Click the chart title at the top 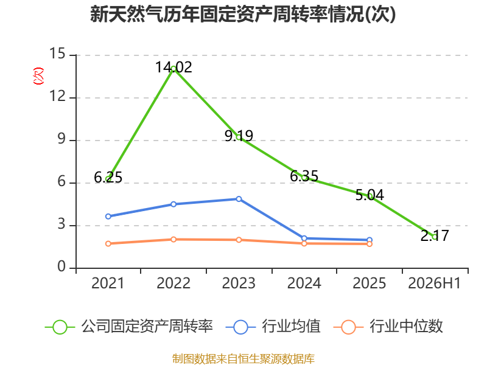point(243,14)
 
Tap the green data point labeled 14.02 point(173,69)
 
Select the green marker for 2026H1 point(435,237)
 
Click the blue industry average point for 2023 point(239,199)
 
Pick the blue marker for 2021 point(108,217)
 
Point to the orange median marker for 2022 point(173,239)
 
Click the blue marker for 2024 point(304,238)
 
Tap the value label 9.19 point(239,136)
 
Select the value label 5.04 point(370,195)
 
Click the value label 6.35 point(304,176)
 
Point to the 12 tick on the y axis point(58,96)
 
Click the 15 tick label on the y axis point(58,54)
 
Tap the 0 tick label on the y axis point(61,266)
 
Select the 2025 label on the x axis point(370,283)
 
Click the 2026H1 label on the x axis point(435,283)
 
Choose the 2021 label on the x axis point(108,283)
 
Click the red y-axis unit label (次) point(38,76)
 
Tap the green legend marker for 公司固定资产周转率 point(60,327)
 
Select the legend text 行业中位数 point(406,327)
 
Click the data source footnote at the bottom point(243,359)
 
